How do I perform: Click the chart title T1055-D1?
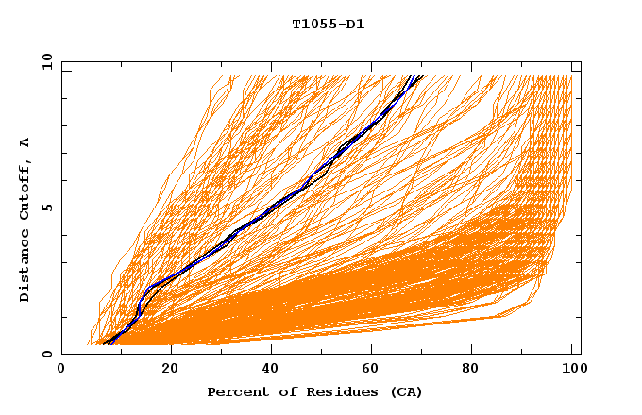click(328, 25)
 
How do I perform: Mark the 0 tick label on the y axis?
click(47, 354)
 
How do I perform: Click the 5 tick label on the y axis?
click(47, 207)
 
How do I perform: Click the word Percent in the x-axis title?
click(234, 391)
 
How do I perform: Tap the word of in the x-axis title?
click(279, 391)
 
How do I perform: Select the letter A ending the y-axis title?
click(25, 142)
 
